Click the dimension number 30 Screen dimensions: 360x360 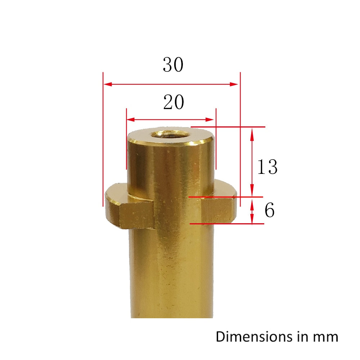click(173, 65)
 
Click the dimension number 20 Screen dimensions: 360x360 click(174, 103)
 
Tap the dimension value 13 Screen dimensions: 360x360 click(267, 167)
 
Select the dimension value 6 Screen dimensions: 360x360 click(270, 211)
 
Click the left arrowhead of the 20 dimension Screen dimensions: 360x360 click(130, 120)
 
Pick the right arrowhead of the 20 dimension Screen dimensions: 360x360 click(212, 120)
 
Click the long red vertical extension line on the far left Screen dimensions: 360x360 click(103, 144)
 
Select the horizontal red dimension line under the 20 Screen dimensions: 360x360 click(171, 120)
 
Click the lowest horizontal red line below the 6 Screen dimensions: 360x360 click(227, 224)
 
